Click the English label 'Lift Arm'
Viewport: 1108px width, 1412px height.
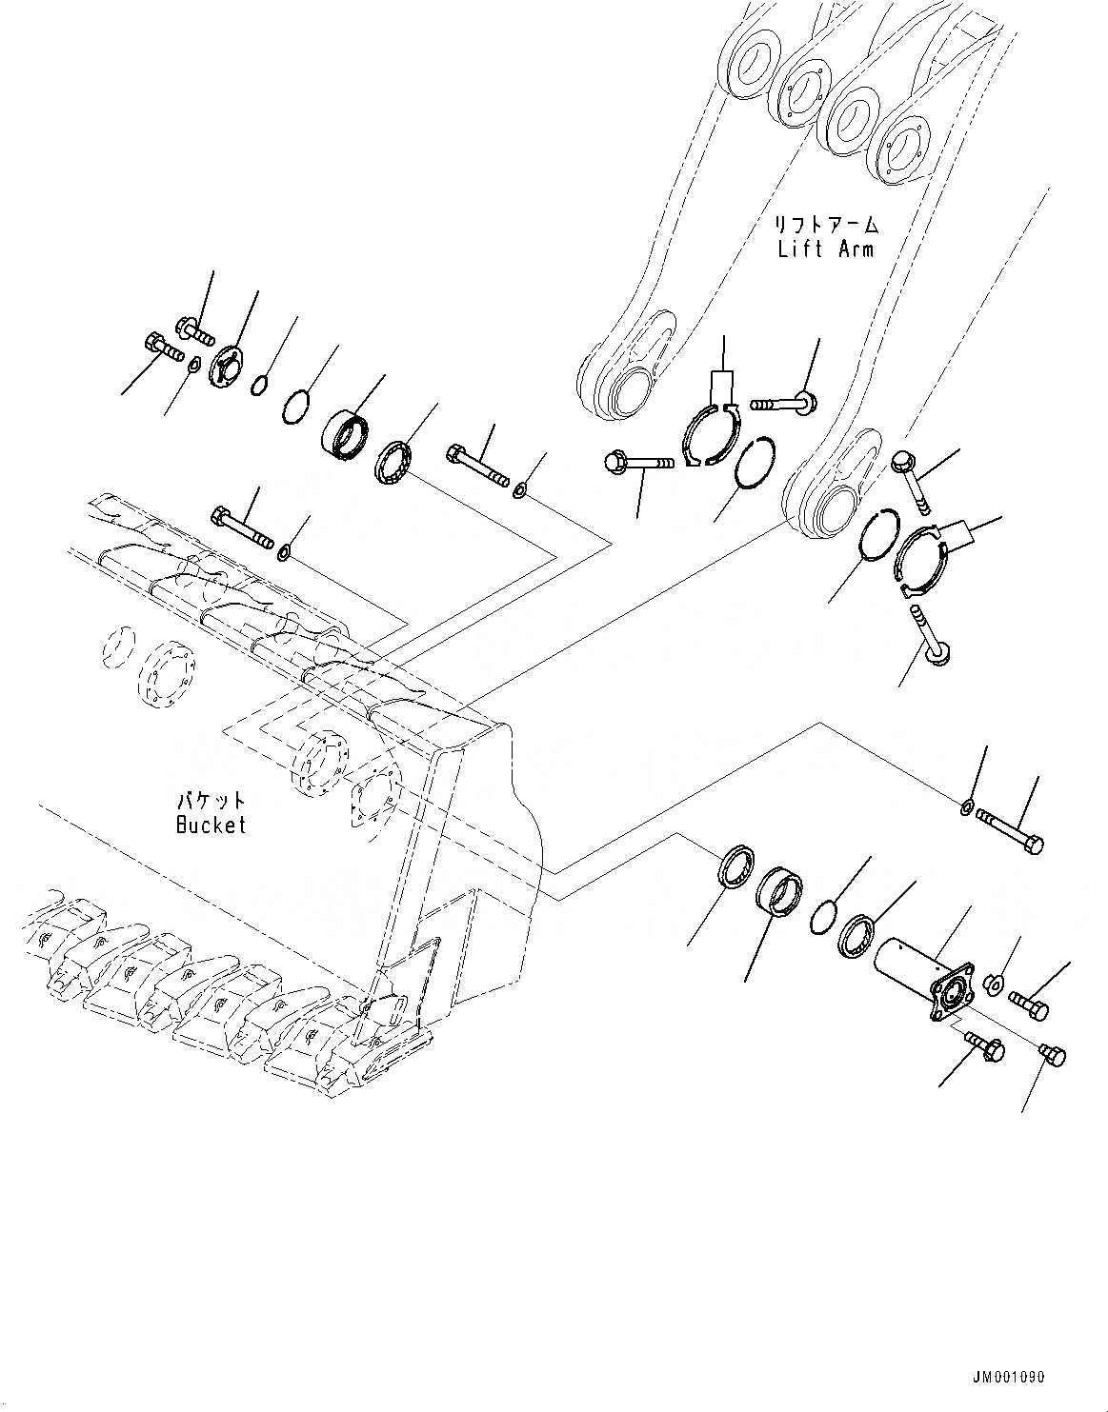pyautogui.click(x=825, y=249)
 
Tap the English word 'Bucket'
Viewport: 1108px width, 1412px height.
pyautogui.click(x=211, y=825)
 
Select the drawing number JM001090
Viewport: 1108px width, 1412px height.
pyautogui.click(x=1009, y=1377)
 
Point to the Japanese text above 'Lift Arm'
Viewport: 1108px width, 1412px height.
pyautogui.click(x=825, y=226)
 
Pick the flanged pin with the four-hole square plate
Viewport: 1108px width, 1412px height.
pyautogui.click(x=920, y=978)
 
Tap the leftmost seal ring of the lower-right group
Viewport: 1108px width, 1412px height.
pyautogui.click(x=736, y=865)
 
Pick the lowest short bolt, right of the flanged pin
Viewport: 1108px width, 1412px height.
pyautogui.click(x=1052, y=1055)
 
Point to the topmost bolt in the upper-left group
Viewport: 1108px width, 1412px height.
pyautogui.click(x=195, y=329)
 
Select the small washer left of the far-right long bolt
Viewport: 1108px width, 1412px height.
pyautogui.click(x=966, y=808)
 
